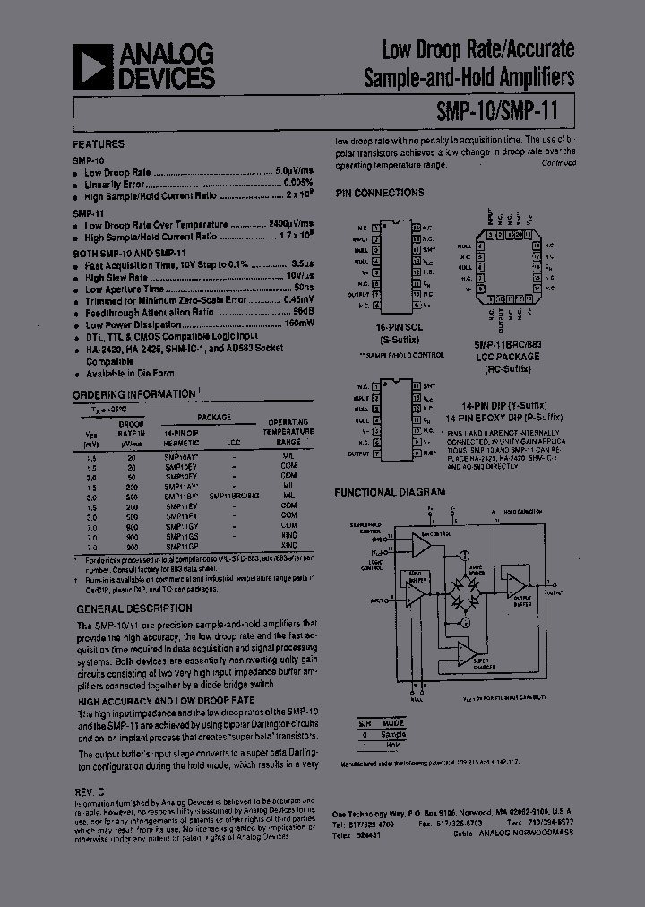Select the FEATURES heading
click(99, 144)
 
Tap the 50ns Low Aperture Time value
click(303, 289)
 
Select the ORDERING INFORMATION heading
click(133, 394)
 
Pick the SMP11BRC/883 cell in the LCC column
click(234, 495)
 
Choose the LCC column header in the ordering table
click(234, 443)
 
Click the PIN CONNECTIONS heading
click(379, 193)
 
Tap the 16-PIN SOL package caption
click(399, 328)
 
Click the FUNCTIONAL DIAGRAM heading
click(390, 492)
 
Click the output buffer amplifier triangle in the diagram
click(517, 585)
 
